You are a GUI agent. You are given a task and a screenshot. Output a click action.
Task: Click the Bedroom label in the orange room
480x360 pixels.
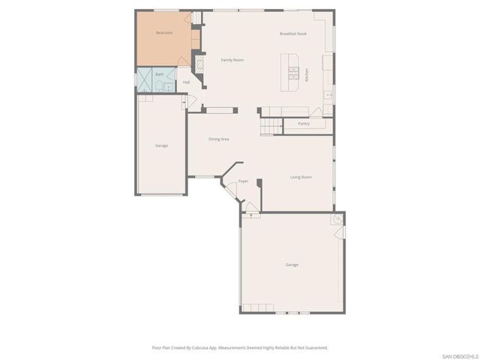click(x=163, y=33)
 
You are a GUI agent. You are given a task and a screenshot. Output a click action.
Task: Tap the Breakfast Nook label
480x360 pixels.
click(x=293, y=34)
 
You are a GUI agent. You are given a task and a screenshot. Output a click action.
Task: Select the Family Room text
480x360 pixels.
click(x=232, y=60)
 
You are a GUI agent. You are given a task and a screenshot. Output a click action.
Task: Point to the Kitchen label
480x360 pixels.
click(x=307, y=75)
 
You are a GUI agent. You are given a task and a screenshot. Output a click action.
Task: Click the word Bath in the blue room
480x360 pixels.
click(x=159, y=74)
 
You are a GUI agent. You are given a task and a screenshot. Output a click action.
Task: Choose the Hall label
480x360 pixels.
click(x=186, y=82)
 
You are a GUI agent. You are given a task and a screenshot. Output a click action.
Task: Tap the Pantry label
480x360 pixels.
click(x=304, y=123)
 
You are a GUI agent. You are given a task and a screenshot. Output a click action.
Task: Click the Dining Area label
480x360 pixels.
click(x=218, y=139)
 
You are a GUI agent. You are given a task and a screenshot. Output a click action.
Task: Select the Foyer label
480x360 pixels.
click(x=243, y=181)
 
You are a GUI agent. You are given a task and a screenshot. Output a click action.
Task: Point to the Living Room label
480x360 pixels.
click(x=301, y=177)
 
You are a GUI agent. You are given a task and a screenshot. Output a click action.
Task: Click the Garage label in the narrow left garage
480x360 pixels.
click(x=161, y=145)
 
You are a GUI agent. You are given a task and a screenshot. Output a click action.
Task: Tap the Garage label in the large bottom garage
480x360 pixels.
click(x=292, y=265)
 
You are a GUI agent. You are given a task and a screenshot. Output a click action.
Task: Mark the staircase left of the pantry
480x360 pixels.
click(x=271, y=122)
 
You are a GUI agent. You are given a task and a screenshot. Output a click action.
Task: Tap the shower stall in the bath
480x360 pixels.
click(x=143, y=80)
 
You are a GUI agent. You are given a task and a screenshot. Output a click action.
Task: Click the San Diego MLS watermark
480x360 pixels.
click(x=460, y=355)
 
